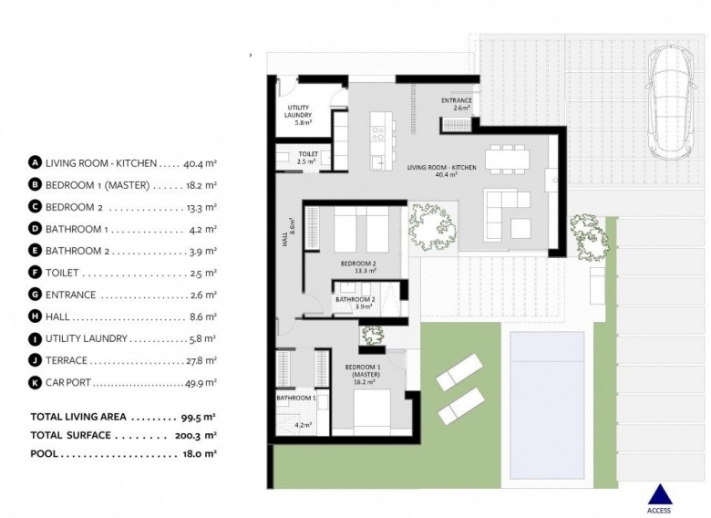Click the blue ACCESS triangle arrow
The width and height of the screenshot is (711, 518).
click(x=660, y=494)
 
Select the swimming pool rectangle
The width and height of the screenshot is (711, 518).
click(x=547, y=405)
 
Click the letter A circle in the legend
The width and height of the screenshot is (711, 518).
click(x=35, y=163)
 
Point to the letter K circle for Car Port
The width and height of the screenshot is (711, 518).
click(x=35, y=383)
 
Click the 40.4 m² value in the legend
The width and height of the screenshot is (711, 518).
click(x=200, y=163)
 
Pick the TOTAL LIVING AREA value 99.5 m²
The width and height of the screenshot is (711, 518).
click(x=195, y=418)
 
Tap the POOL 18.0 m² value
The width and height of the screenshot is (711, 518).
click(x=196, y=453)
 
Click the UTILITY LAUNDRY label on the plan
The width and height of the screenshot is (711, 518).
click(x=298, y=111)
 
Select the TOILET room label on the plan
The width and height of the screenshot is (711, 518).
click(x=308, y=154)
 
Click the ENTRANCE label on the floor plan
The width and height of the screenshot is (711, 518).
click(x=457, y=100)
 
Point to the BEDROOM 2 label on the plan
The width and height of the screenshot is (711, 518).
click(x=358, y=264)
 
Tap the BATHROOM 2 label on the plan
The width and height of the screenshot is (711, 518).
click(x=355, y=300)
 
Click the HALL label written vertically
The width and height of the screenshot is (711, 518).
click(x=284, y=240)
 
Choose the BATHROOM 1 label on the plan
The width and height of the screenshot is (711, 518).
click(x=296, y=399)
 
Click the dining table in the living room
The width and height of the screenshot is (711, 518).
click(x=507, y=160)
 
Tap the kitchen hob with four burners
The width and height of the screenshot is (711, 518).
click(x=378, y=134)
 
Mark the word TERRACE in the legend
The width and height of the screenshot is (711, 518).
click(x=67, y=360)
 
